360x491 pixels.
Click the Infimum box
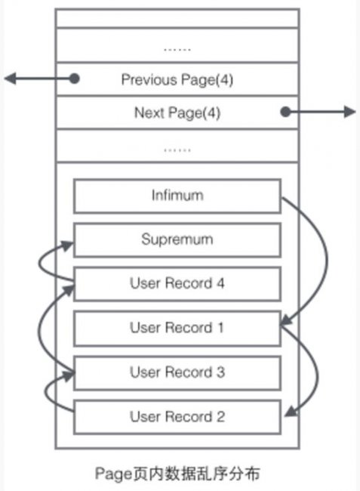(177, 196)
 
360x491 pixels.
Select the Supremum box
(177, 240)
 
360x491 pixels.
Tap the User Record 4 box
(177, 284)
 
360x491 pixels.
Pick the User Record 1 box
(177, 329)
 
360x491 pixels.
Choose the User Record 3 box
(177, 373)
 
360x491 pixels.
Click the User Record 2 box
(177, 417)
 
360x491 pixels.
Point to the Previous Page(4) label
(177, 80)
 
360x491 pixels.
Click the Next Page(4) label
(177, 113)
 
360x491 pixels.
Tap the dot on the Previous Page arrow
(74, 79)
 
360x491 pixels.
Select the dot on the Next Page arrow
(285, 112)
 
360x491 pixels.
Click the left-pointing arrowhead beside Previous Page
(10, 79)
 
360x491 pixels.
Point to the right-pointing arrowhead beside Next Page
(349, 112)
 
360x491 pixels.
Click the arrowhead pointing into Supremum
(67, 246)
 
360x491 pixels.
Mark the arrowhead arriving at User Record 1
(286, 321)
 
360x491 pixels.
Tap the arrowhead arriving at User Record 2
(291, 412)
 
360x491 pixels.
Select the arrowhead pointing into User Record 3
(69, 375)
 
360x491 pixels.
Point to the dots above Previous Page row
(177, 49)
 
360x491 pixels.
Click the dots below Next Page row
(177, 150)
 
